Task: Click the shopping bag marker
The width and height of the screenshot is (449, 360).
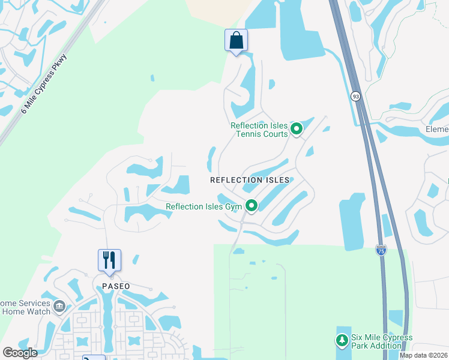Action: point(236,41)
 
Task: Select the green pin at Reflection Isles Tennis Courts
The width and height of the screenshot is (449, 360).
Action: point(296,129)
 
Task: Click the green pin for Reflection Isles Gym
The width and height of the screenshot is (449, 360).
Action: point(252,206)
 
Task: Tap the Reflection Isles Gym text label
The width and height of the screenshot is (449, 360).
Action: point(203,207)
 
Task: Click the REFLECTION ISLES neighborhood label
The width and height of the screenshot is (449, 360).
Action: point(250,180)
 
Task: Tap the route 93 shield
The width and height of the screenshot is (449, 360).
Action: point(356,96)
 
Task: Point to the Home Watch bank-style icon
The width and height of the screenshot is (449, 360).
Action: point(59,307)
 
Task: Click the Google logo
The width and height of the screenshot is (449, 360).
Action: point(19,352)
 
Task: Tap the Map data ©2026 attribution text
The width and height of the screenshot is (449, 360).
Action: point(423,355)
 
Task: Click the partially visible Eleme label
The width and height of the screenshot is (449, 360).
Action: point(437,129)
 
